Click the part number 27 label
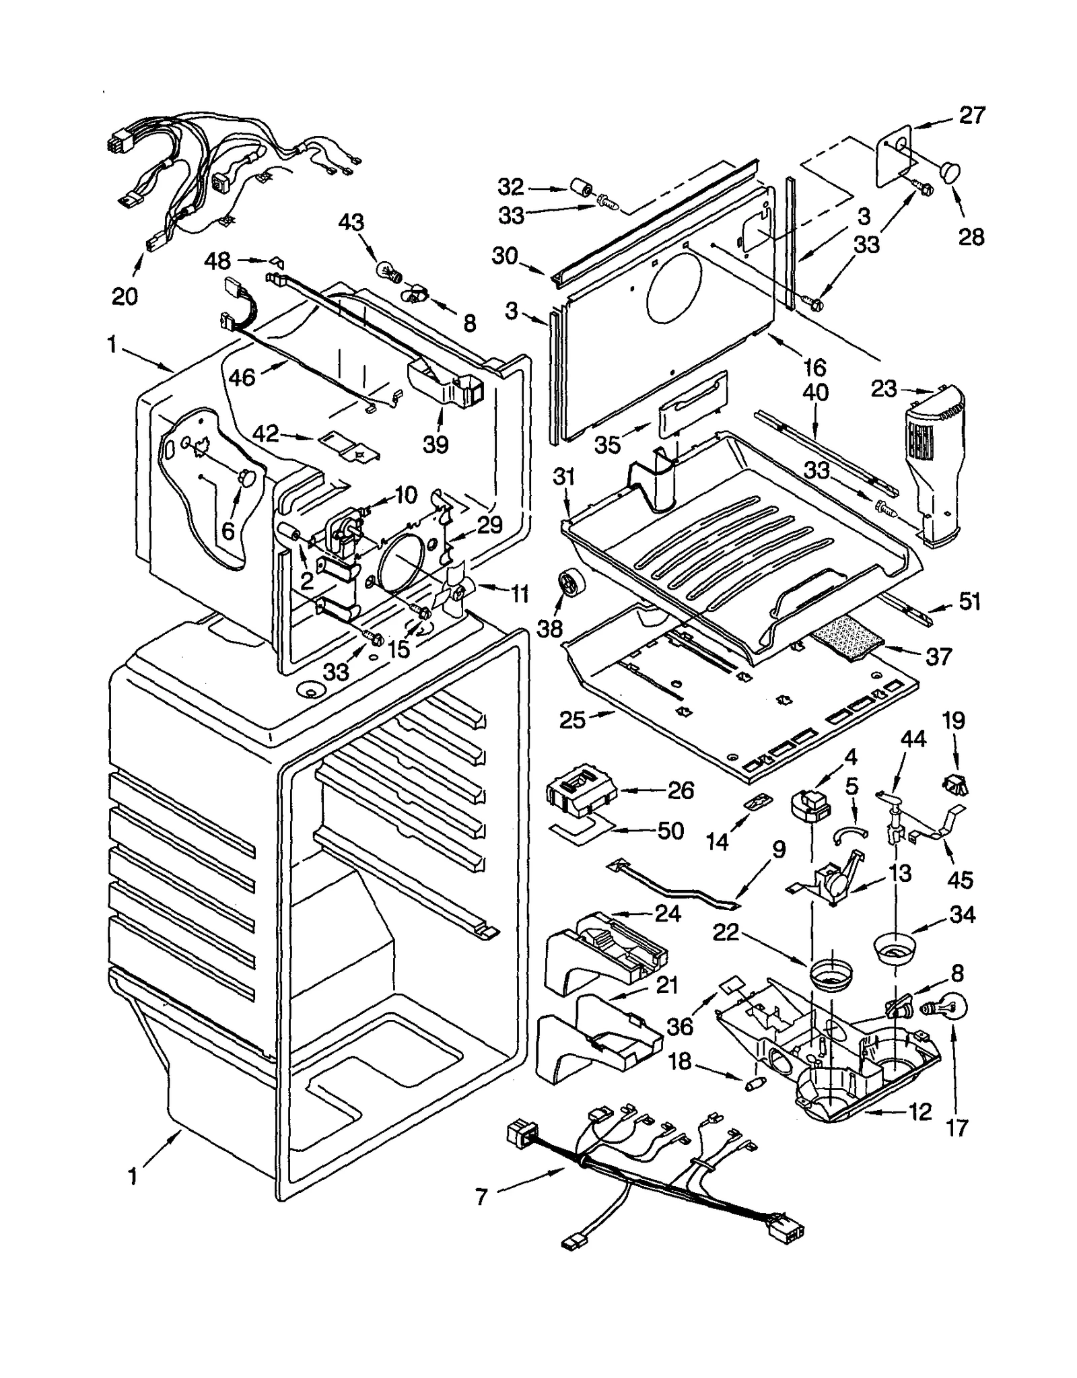pyautogui.click(x=971, y=115)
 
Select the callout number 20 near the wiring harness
pyautogui.click(x=125, y=296)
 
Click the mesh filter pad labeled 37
pyautogui.click(x=845, y=637)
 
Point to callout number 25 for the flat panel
pyautogui.click(x=573, y=720)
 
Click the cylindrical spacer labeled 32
pyautogui.click(x=580, y=187)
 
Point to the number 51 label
pyautogui.click(x=969, y=601)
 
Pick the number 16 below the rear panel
pyautogui.click(x=814, y=367)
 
